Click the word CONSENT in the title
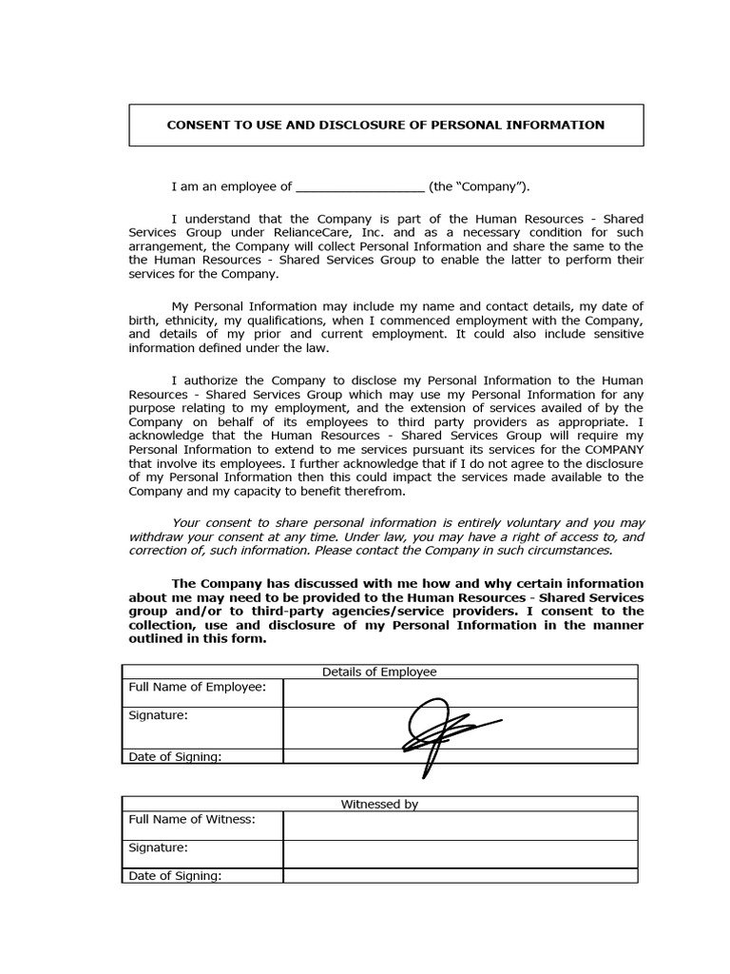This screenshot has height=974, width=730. [198, 125]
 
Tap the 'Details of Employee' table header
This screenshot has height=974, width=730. [379, 672]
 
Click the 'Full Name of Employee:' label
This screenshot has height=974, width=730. [197, 687]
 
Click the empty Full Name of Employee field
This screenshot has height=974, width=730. [460, 692]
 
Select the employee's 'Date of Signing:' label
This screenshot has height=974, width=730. [175, 757]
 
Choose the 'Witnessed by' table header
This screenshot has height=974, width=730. [379, 804]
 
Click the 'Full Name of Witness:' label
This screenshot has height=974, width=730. [192, 819]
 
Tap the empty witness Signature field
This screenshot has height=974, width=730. [460, 853]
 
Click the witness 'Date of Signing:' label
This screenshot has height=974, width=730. [175, 876]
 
